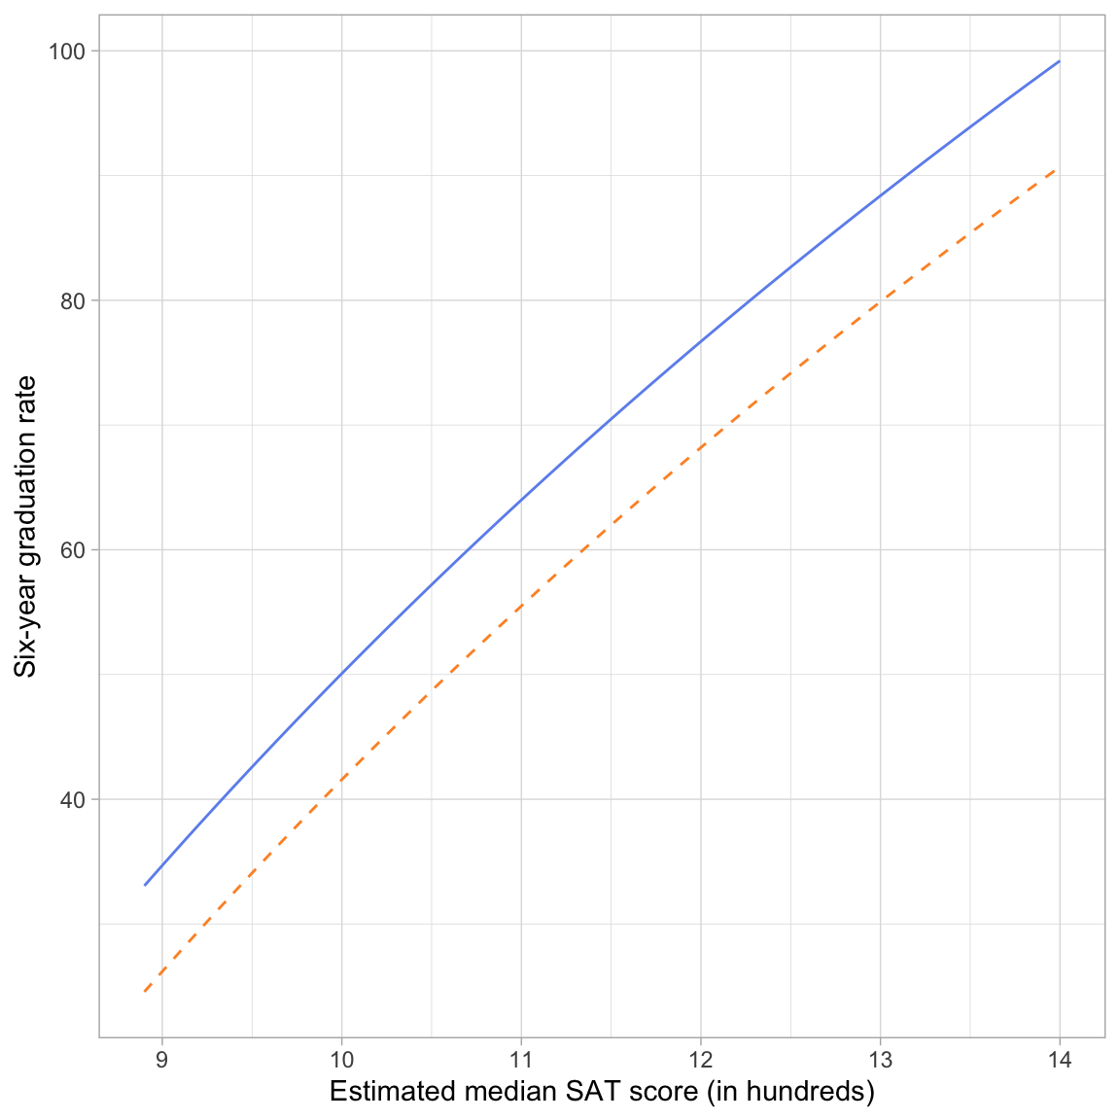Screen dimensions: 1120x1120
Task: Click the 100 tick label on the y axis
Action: point(68,51)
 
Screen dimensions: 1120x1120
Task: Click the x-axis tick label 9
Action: point(162,1060)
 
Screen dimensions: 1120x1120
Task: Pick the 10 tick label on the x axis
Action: point(341,1060)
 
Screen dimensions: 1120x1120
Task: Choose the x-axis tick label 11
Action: point(521,1060)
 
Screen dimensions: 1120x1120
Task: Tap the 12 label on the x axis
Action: point(701,1060)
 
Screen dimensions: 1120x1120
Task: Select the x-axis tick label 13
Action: point(880,1060)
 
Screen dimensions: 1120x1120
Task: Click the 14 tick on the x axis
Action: point(1060,1060)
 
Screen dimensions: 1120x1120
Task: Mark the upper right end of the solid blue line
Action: point(1060,60)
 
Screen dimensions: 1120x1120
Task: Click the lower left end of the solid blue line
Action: point(145,885)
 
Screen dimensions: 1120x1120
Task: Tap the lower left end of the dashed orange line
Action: point(145,991)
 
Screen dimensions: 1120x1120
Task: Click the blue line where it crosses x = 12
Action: point(701,342)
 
